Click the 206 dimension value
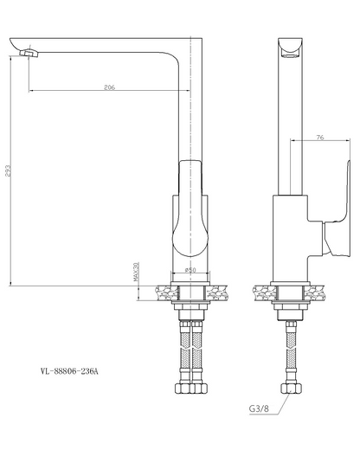pyautogui.click(x=109, y=87)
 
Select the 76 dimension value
pyautogui.click(x=320, y=138)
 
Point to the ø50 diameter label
pyautogui.click(x=190, y=270)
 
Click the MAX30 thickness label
pyautogui.click(x=136, y=272)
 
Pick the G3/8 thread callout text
pyautogui.click(x=259, y=408)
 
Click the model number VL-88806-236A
pyautogui.click(x=69, y=371)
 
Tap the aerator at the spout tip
pyautogui.click(x=29, y=53)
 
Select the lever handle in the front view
pyautogui.click(x=190, y=209)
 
